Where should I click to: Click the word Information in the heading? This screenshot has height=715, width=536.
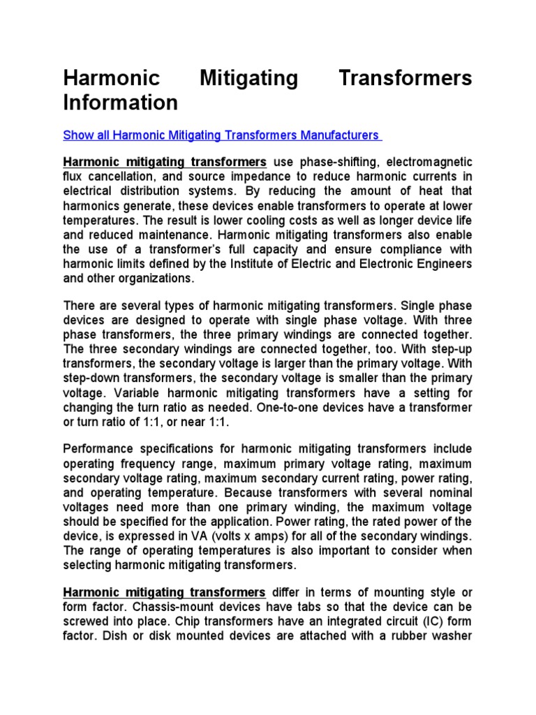(x=121, y=103)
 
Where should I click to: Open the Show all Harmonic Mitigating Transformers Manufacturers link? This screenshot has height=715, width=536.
(x=223, y=134)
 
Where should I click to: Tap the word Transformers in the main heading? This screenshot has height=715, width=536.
(x=405, y=78)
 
